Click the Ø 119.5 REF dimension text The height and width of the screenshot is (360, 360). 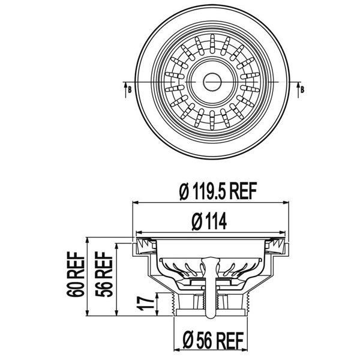(x=218, y=192)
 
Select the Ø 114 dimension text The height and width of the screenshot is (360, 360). (x=209, y=221)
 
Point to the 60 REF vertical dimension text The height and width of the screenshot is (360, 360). (x=77, y=277)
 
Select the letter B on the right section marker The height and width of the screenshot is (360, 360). (x=302, y=89)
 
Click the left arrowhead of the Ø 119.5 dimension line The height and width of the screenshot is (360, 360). (x=134, y=202)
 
